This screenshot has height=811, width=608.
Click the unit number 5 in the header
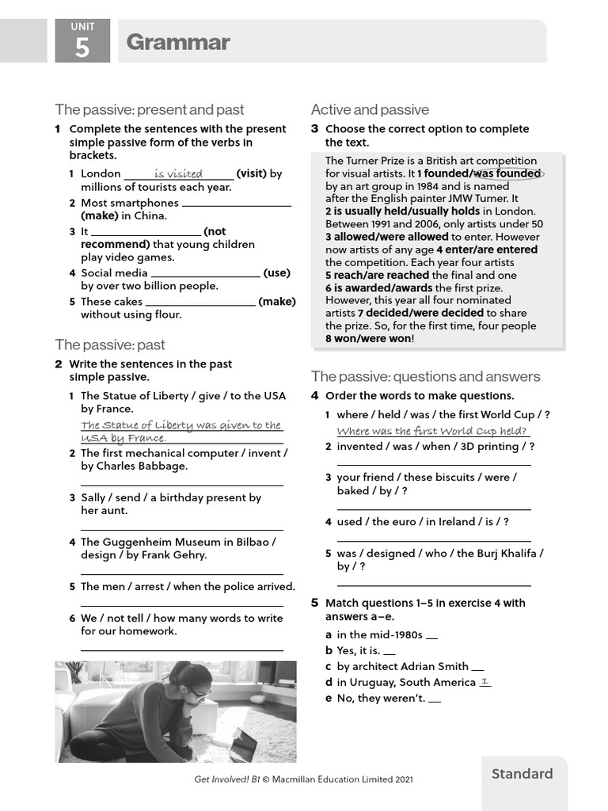tap(82, 48)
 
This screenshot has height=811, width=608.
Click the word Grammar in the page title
tap(177, 42)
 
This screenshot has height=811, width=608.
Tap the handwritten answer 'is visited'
tap(178, 173)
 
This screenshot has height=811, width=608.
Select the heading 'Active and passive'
tap(370, 109)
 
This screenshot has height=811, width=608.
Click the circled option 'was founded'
tap(507, 173)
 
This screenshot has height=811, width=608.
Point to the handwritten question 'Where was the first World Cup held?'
tap(431, 431)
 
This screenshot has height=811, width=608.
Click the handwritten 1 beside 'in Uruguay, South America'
tap(484, 681)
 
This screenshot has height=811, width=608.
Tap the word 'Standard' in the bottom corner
tap(522, 774)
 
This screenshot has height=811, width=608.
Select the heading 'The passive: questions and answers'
tap(425, 376)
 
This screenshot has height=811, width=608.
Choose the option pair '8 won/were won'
tap(369, 338)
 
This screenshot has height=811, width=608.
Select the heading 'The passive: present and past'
tap(149, 109)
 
